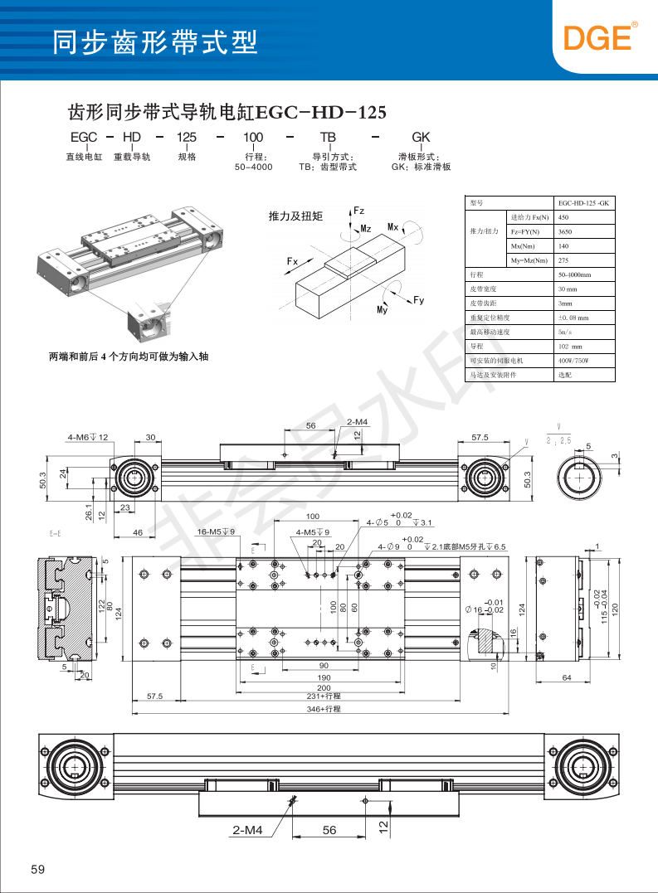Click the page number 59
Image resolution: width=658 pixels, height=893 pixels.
point(37,869)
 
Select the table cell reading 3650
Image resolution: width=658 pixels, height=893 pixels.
point(565,232)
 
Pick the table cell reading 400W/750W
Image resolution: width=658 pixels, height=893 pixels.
point(575,361)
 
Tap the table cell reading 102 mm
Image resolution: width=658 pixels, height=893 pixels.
point(571,347)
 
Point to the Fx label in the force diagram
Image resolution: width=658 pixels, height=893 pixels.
point(292,261)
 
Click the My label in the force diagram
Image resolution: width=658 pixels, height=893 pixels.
point(383,309)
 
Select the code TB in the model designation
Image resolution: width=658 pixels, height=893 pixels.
point(328,137)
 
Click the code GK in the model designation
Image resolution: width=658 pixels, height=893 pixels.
point(421,137)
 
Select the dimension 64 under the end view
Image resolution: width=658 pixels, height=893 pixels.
point(567,678)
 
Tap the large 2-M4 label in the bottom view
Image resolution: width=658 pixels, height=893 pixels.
point(247,830)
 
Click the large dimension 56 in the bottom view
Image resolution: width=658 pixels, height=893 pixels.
point(329,830)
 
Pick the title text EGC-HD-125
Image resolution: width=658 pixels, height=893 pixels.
point(321,112)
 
